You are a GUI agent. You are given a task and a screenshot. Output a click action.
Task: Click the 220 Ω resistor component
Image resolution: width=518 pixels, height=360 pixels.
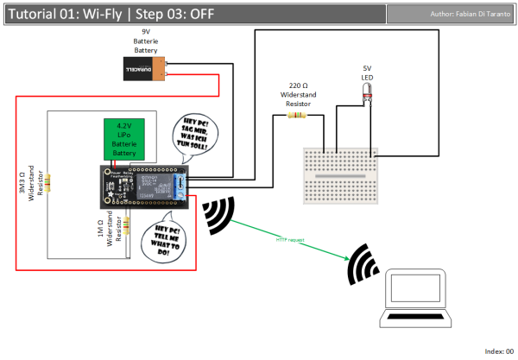297,114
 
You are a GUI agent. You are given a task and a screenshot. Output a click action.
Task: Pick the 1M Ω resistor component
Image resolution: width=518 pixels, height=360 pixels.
128,226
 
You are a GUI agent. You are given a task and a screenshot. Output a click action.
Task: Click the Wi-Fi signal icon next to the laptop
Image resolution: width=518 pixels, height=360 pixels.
363,266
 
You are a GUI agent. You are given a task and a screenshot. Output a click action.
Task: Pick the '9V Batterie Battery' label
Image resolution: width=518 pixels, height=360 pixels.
145,41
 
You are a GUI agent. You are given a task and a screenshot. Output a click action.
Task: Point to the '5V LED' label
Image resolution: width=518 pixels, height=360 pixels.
367,70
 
